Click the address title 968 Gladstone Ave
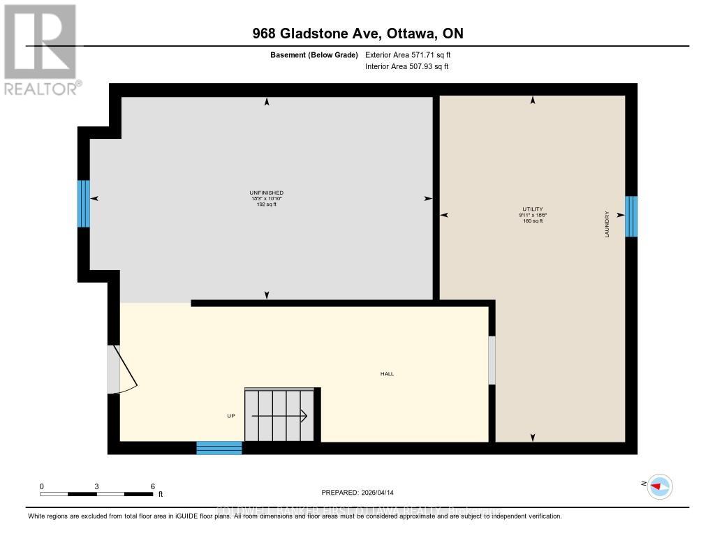point(357,33)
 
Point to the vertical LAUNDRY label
point(607,225)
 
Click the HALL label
point(387,374)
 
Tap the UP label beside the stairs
point(231,416)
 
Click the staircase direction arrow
point(279,416)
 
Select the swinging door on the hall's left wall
point(121,369)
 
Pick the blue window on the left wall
point(84,203)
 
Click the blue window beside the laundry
point(631,216)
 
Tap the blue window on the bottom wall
point(219,448)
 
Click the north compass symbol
point(659,486)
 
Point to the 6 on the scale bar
point(152,486)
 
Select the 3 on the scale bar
point(96,486)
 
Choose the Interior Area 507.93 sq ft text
point(407,67)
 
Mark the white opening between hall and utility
point(492,360)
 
